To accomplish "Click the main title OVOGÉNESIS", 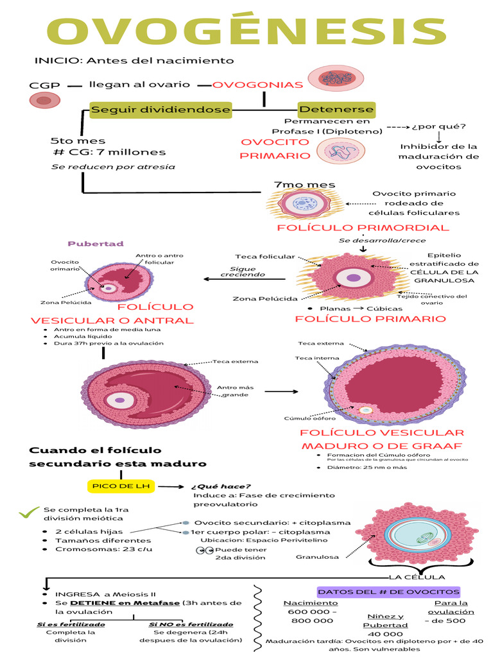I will [x=246, y=32].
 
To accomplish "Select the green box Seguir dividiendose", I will [x=160, y=110].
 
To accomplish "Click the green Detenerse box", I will [x=336, y=110].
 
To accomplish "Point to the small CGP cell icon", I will [x=43, y=100].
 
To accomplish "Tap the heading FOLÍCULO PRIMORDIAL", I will [x=363, y=228].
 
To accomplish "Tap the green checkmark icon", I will [x=29, y=512].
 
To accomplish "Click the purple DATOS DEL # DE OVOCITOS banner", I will [x=388, y=591].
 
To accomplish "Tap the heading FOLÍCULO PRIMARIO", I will [x=370, y=319].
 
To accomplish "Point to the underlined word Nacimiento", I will [x=311, y=603].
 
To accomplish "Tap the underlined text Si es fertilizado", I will [x=70, y=624].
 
